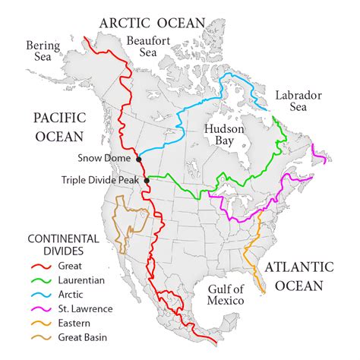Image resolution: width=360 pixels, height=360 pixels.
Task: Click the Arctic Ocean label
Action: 152,22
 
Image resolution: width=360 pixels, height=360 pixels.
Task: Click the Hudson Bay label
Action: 224,135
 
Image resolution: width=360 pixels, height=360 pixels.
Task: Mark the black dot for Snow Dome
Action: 139,159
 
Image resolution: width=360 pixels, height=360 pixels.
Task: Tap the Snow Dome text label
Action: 106,158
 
